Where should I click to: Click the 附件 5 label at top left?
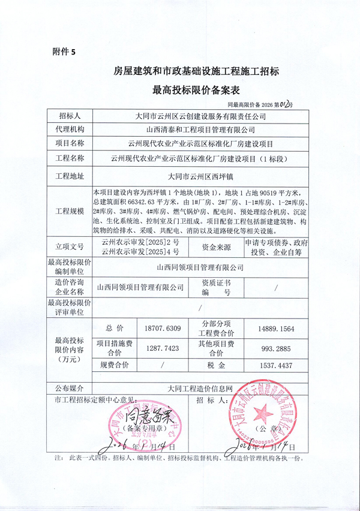(x=61, y=52)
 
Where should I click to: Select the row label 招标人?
(x=70, y=116)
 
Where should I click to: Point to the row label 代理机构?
(x=70, y=129)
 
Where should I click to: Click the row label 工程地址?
(x=70, y=176)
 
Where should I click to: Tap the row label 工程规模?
(x=70, y=212)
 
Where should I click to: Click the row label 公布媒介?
(x=70, y=388)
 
